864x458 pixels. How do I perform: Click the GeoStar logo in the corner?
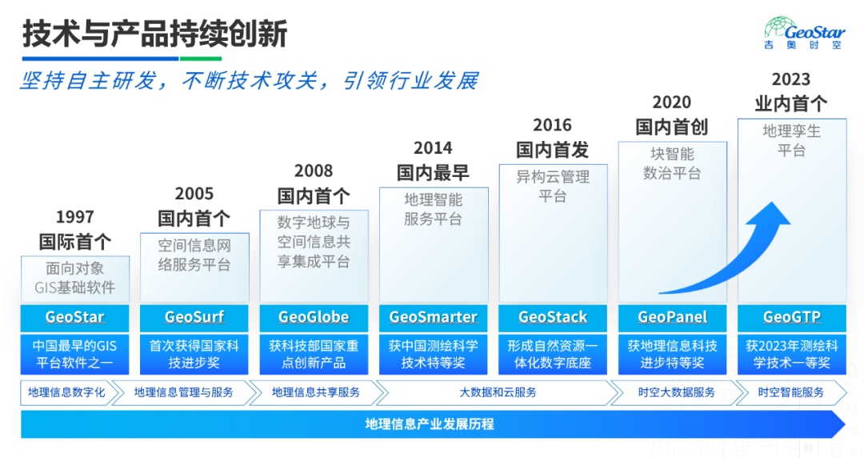coord(804,33)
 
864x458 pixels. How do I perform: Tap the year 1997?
coord(75,217)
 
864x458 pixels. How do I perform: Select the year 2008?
coord(314,171)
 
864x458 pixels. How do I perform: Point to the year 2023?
coord(790,79)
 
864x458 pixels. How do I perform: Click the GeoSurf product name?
coord(194,317)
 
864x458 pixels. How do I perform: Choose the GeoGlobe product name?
coord(314,317)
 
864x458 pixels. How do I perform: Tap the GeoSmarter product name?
coord(433,317)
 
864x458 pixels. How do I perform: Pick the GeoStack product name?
coord(553,317)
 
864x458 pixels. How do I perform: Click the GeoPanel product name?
coord(672,317)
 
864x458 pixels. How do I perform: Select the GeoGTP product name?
coord(792,317)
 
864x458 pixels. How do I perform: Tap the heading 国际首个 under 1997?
coord(75,241)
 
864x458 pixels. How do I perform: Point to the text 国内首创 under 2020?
coord(672,127)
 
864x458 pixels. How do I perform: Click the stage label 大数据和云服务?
coord(498,392)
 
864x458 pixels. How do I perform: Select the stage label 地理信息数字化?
coord(66,392)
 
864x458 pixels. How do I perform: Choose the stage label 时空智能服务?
coord(790,392)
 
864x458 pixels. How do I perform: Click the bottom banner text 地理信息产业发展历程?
coord(430,424)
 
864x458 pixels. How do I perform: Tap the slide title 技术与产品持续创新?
coord(155,34)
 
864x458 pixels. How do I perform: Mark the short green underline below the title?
coord(201,58)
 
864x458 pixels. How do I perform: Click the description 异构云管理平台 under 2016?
coord(553,187)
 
